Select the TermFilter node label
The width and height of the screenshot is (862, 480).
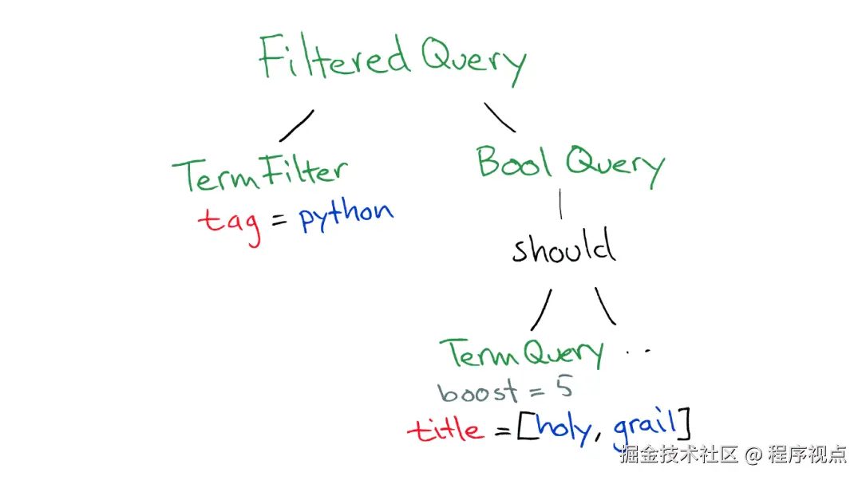point(260,173)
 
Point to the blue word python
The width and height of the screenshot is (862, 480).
point(346,215)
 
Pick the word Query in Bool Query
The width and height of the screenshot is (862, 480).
point(615,167)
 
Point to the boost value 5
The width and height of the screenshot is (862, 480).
point(563,388)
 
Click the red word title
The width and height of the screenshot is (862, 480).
point(445,429)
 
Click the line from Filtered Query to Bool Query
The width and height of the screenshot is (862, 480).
point(500,117)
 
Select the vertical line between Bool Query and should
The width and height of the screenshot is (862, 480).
point(560,204)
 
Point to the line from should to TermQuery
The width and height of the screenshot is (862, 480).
point(541,310)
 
